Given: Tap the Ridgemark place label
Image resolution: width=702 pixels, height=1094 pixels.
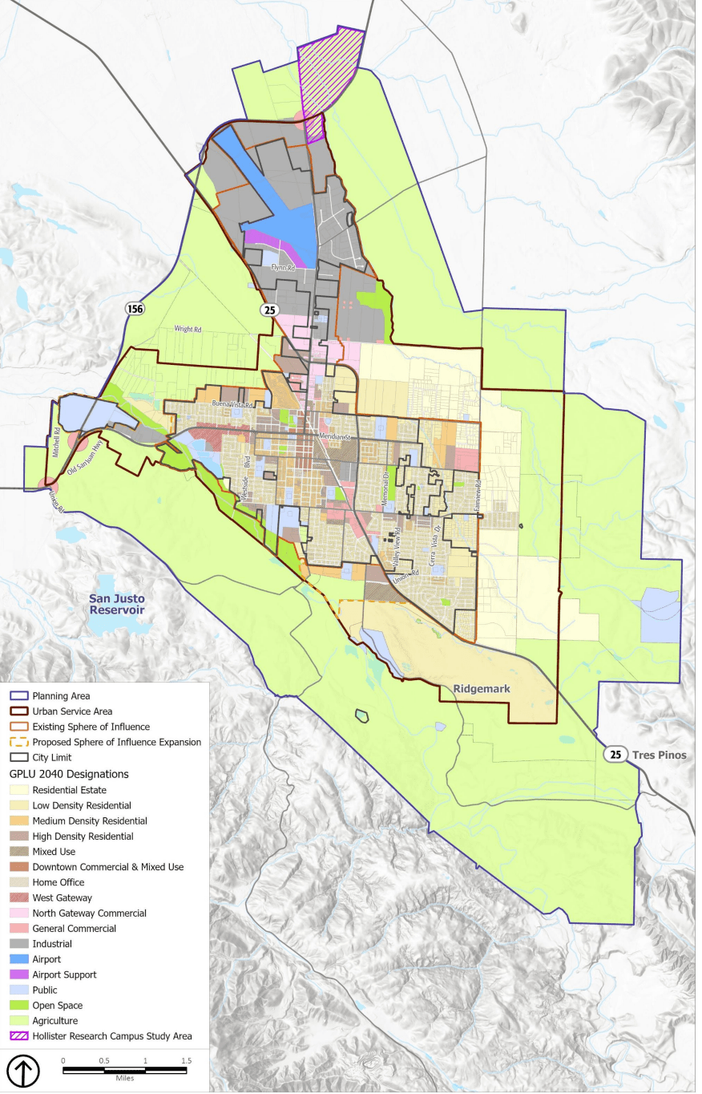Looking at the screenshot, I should click(481, 689).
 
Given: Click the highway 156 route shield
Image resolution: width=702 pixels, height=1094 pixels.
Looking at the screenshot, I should click(134, 308).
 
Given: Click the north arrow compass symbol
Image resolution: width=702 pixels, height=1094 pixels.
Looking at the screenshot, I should click(22, 1071).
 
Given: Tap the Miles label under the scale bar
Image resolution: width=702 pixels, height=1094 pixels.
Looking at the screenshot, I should click(124, 1078).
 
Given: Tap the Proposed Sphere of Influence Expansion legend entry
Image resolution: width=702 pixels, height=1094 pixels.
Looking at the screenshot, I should click(116, 742).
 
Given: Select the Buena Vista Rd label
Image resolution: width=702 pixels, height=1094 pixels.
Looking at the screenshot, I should click(232, 405).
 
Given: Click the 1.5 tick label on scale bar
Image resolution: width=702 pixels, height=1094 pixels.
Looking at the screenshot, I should click(186, 1060).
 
